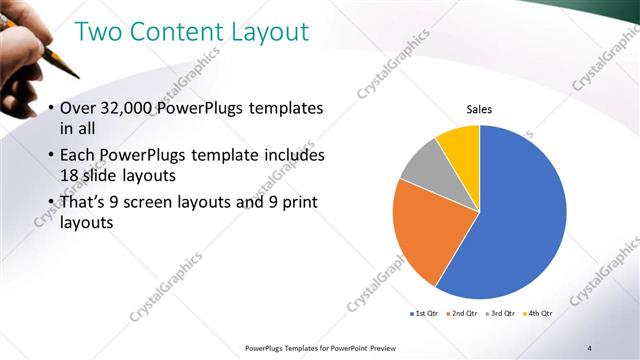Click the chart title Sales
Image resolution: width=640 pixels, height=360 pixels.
coord(480,110)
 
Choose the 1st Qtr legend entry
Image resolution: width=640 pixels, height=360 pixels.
coord(425,314)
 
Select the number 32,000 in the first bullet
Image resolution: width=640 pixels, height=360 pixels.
coord(131,108)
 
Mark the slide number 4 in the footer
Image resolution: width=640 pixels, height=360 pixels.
coord(589,348)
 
